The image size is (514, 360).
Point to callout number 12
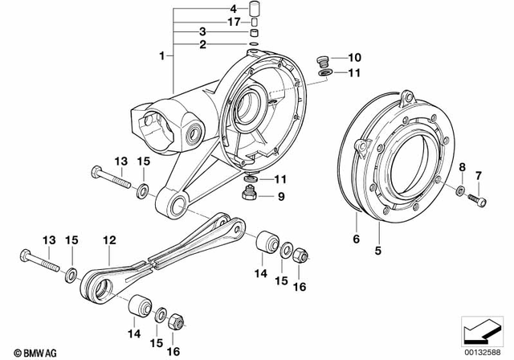tap(109, 239)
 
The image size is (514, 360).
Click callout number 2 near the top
tap(204, 44)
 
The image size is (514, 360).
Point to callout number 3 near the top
tap(204, 33)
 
